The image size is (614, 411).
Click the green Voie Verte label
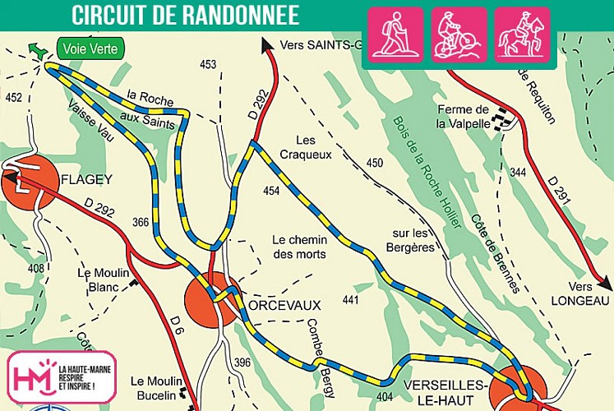point(90,48)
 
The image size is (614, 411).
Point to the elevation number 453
point(208,64)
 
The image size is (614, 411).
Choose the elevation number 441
point(351,301)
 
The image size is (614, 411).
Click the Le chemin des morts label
point(299,247)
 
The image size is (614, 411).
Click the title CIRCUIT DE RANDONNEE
point(185,14)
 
